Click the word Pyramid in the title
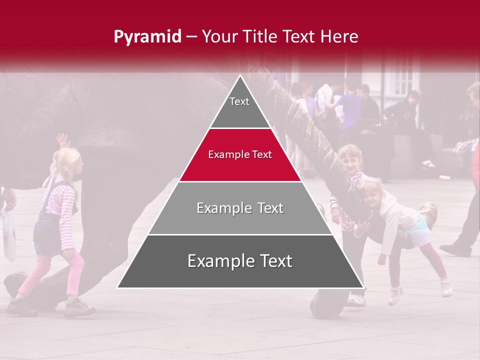pyautogui.click(x=147, y=36)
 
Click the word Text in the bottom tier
pyautogui.click(x=272, y=261)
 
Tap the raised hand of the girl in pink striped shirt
pyautogui.click(x=62, y=139)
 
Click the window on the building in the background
pyautogui.click(x=403, y=75)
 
